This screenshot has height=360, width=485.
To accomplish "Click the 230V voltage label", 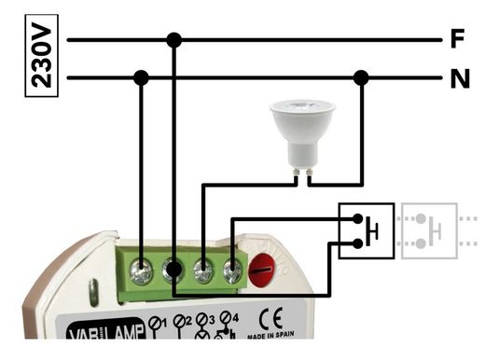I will tap(41, 57).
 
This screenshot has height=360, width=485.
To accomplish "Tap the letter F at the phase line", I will tap(457, 40).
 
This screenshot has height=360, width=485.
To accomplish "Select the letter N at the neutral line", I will tap(459, 79).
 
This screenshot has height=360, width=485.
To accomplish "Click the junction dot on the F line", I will tap(173, 40).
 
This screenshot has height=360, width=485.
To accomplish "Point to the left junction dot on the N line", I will tap(141, 78).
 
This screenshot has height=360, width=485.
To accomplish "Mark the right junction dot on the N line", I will tap(361, 78).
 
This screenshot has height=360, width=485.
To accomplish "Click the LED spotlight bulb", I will tap(302, 131).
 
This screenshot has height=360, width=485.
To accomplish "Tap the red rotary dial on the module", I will tap(262, 270).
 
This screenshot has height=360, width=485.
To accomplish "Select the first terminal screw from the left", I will tap(142, 273).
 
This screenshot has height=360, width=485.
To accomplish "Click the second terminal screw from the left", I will tap(173, 272).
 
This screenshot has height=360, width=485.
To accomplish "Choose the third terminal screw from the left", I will tap(203, 272).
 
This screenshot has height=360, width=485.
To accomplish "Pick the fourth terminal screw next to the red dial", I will tap(232, 272).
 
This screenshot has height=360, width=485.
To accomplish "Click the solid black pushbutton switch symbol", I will tap(366, 230).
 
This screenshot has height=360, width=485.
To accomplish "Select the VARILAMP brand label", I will tap(104, 330).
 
